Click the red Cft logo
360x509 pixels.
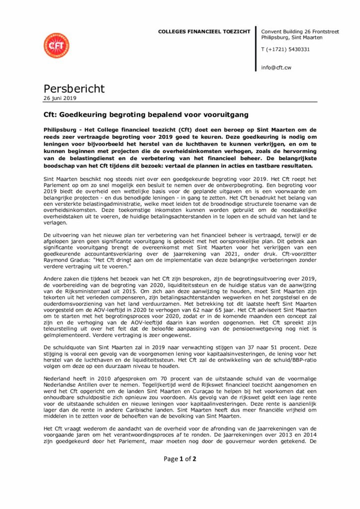coord(56,45)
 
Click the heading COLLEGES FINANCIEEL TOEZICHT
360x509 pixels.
coord(204,31)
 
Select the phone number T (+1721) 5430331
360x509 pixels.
coord(285,49)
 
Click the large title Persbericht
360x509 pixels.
coord(75,88)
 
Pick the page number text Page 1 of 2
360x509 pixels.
coord(180,459)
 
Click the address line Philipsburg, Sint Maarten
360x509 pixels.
coord(292,37)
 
